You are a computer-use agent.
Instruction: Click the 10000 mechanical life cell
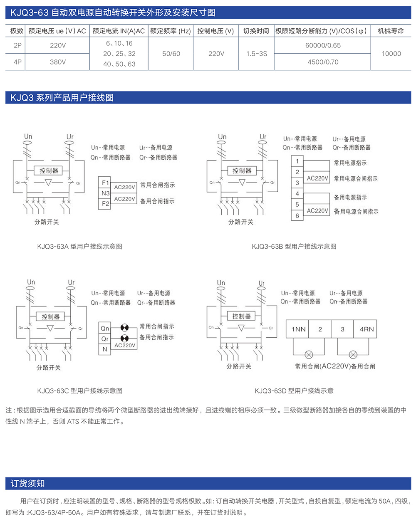pos(391,54)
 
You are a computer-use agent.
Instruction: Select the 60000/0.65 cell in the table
pos(323,45)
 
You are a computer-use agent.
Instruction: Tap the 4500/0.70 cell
pos(323,62)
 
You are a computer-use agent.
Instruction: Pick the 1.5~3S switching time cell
pos(257,54)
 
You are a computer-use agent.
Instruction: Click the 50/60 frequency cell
pos(171,54)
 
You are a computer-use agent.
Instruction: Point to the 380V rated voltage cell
pos(58,62)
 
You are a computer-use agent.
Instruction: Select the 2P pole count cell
pos(17,45)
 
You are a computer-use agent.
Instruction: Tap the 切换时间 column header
pos(256,31)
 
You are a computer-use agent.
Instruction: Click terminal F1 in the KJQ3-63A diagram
pos(105,183)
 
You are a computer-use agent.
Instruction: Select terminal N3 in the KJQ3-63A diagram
pos(105,193)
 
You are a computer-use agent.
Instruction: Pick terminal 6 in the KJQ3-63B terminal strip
pos(297,215)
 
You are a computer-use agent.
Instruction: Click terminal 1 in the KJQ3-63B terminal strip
pos(297,161)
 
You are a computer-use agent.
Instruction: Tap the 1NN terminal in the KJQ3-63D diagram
pos(298,329)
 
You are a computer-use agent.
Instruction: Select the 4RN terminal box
pos(366,329)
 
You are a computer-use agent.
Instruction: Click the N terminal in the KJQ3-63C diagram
pos(105,349)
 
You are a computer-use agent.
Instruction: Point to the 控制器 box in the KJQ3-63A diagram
pos(49,171)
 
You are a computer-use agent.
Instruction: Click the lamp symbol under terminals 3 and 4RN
pos(353,355)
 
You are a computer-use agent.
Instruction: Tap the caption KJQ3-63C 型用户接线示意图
pos(79,391)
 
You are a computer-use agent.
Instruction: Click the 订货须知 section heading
pos(27,483)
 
